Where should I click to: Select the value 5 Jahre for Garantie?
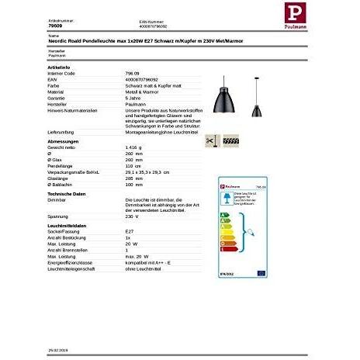pos(133,98)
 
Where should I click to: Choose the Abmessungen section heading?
pos(63,140)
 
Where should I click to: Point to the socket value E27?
pos(129,230)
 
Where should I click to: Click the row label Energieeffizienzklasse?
pos(74,262)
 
